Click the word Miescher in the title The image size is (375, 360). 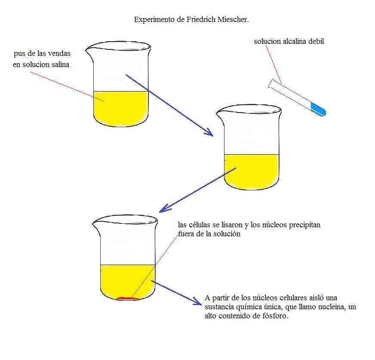tap(233, 19)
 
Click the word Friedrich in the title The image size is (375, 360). tap(201, 19)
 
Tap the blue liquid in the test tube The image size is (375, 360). tap(318, 109)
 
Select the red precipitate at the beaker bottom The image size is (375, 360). tap(128, 298)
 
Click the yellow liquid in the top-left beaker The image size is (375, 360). tap(120, 108)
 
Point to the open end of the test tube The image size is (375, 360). tap(271, 83)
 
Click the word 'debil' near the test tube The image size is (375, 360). tap(316, 41)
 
